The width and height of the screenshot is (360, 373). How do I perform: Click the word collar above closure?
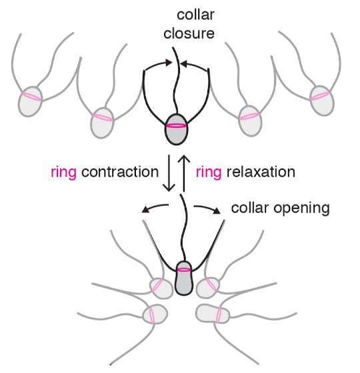coord(196,15)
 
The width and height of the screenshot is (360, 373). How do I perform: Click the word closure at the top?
coord(189,33)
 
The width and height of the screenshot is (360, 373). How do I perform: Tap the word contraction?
coord(120,172)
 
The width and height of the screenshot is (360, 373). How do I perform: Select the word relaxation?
coord(261,172)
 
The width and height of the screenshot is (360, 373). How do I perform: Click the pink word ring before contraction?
coord(64,173)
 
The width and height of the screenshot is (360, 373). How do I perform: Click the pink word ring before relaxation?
coord(209,173)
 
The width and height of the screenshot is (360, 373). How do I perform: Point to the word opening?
coord(301,209)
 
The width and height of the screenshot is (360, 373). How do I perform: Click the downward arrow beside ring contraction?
coord(169,173)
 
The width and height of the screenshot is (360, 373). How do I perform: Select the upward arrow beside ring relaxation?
coord(184,173)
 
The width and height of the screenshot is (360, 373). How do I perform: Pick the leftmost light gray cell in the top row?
coord(30,102)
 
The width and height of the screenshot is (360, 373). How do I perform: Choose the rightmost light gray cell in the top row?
coord(322,101)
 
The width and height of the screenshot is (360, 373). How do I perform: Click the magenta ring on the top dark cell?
coord(176,126)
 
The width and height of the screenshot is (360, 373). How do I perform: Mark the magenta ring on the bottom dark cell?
coord(184,270)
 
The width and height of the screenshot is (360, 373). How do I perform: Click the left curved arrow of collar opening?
coord(155,207)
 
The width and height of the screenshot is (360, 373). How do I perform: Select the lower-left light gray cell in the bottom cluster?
coord(155,314)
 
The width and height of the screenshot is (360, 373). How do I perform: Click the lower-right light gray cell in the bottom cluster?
coord(213,314)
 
